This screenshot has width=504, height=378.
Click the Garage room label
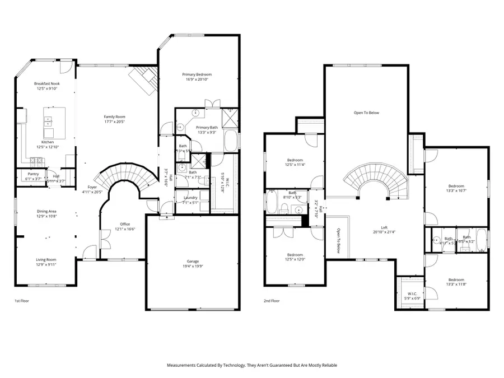tap(193, 261)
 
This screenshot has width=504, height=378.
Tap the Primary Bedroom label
tap(197, 74)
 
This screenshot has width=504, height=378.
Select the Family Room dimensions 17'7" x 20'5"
tap(114, 122)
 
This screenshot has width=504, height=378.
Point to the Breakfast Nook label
tap(46, 83)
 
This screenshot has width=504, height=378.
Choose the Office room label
tap(124, 224)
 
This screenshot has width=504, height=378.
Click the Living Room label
tap(46, 259)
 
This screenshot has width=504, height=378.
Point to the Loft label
tap(384, 227)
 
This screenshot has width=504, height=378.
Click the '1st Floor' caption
tap(22, 301)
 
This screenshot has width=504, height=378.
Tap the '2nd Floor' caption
tap(271, 301)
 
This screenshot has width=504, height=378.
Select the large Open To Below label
tap(366, 113)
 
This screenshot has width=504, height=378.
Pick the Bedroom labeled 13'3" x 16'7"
tap(456, 186)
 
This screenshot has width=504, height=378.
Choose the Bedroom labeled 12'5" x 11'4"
tap(295, 160)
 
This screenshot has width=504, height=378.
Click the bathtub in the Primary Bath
tap(231, 140)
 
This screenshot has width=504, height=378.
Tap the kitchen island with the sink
tap(54, 122)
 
